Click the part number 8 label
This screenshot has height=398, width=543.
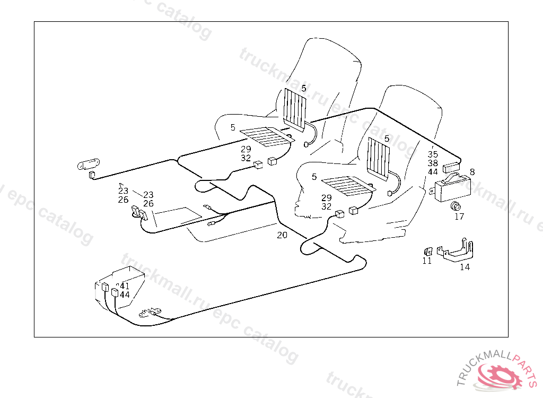pos(472,171)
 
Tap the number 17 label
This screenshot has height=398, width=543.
pos(459,217)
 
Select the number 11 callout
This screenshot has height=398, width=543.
pos(427,261)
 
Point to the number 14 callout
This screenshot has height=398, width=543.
pos(465,267)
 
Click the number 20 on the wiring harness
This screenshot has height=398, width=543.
pos(282,235)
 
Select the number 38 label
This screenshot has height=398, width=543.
pos(433,163)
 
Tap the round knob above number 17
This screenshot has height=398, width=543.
pos(454,205)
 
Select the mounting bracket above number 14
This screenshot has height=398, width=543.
pos(456,250)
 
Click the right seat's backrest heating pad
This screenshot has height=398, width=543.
pos(379,157)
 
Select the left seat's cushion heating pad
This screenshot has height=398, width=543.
pos(266,137)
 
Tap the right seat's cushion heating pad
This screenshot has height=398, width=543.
pos(346,186)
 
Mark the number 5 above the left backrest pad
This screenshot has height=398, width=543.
pos(304,88)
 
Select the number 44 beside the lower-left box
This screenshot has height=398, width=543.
pos(125,295)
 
